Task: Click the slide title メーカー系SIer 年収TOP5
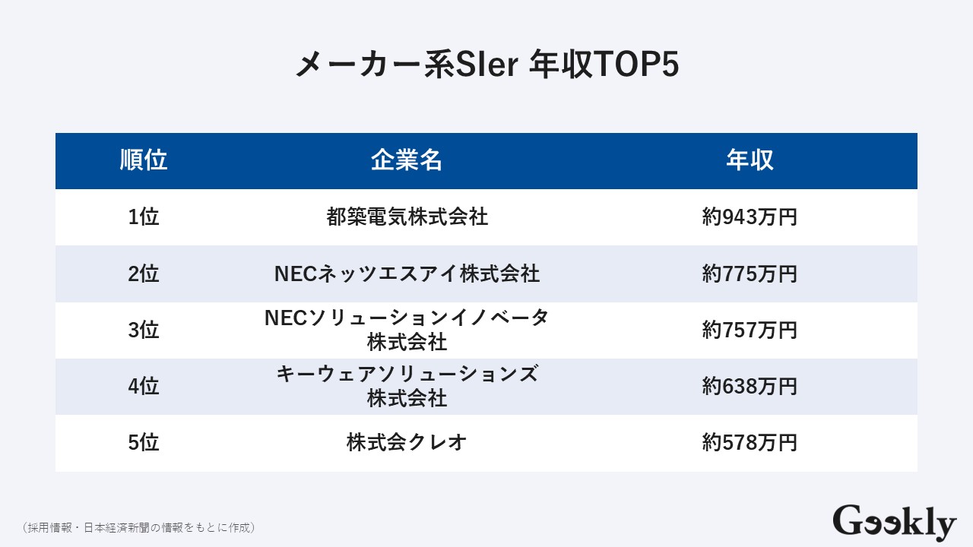tap(486, 65)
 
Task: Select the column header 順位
tap(144, 160)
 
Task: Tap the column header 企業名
tap(407, 160)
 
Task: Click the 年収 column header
tap(750, 160)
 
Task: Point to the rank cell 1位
tap(144, 217)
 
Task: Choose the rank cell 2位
tap(144, 273)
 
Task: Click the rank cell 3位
tap(144, 330)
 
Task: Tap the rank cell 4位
tap(144, 387)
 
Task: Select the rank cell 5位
tap(144, 443)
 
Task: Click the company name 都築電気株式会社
tap(407, 217)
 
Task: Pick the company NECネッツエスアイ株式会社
tap(407, 273)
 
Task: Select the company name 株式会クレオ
tap(407, 443)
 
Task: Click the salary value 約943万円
tap(750, 217)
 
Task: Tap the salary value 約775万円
tap(750, 273)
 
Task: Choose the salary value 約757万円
tap(750, 330)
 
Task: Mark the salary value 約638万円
tap(750, 387)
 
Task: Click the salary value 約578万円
tap(750, 443)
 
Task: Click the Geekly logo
tap(894, 523)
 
